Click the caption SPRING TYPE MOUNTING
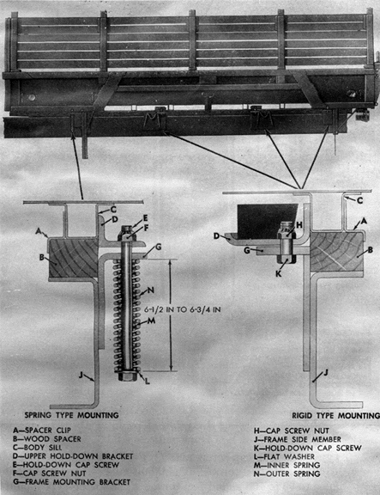coord(71,415)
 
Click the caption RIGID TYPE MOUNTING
coord(336,415)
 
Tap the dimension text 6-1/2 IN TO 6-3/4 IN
coord(183,309)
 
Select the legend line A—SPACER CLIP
coord(42,431)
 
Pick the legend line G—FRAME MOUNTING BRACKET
coord(71,482)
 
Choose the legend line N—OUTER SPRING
coord(287,474)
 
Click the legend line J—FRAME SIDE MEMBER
coord(298,439)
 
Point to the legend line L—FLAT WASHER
coord(284,456)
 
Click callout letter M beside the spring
coord(152,321)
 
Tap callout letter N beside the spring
coord(151,290)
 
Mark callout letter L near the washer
coord(148,382)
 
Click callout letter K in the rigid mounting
coord(279,273)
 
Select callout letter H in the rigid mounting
coord(299,225)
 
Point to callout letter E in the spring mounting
coord(145,218)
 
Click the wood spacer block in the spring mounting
coord(73,258)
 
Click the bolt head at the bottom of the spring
coord(128,376)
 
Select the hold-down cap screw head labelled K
coord(287,259)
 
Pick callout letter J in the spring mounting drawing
coord(81,375)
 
